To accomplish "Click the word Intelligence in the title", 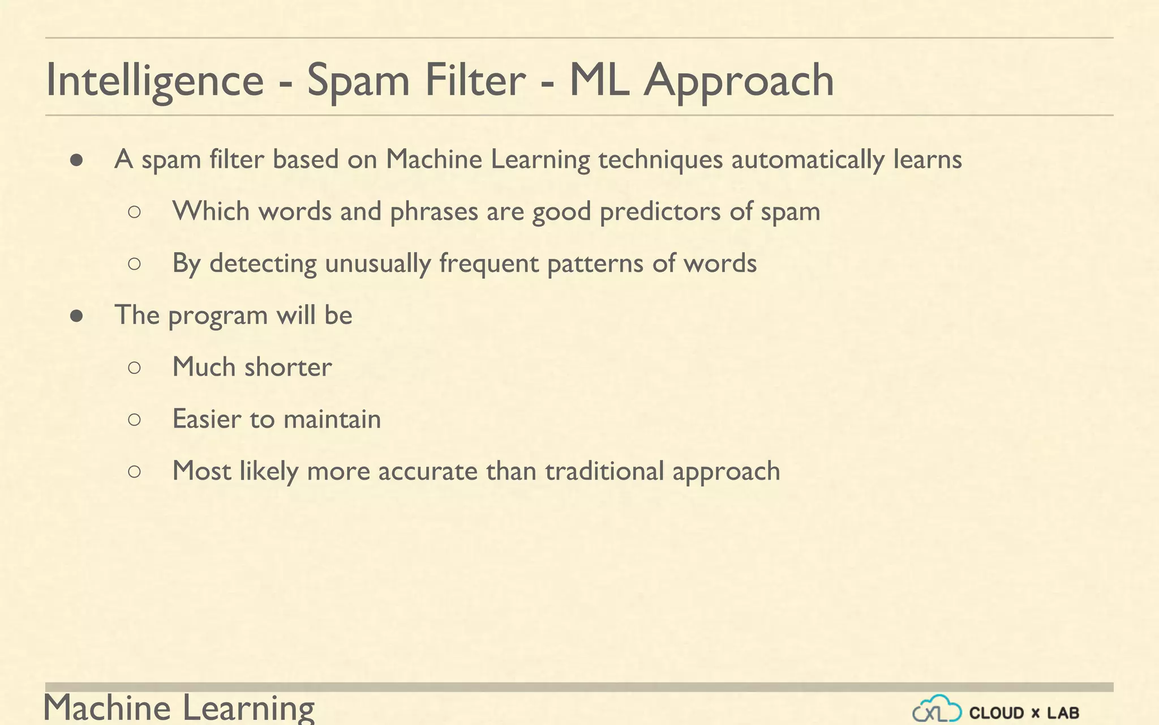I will (154, 80).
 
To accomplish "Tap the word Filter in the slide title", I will (475, 80).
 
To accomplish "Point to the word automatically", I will (808, 160).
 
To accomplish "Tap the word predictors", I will (660, 212).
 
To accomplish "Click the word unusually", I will (377, 264).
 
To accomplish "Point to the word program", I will (218, 316).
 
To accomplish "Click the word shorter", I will (288, 367).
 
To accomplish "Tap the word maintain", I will (332, 420).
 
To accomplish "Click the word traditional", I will (604, 471).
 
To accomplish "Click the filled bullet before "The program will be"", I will (77, 316).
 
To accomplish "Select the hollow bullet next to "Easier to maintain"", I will (134, 420).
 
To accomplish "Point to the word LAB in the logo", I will (1063, 713).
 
